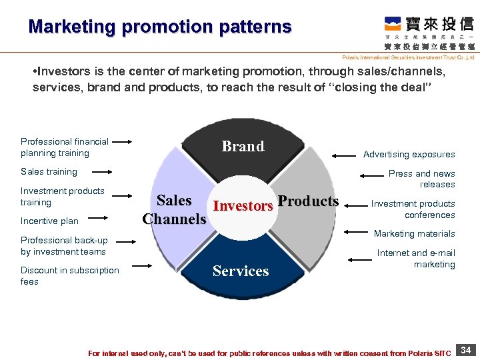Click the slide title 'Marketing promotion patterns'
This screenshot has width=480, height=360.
tap(160, 27)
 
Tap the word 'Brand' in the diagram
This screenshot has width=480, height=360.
tap(243, 147)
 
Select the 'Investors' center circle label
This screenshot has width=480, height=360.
tap(243, 206)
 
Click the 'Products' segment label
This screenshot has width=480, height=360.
tap(308, 201)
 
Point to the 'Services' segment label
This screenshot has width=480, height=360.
tap(241, 271)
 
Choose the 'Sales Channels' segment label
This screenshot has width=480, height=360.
tap(174, 209)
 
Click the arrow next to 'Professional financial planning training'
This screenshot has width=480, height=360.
tap(122, 141)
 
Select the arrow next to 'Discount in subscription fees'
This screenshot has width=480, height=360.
tap(144, 266)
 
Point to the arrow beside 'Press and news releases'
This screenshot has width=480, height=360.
tap(372, 176)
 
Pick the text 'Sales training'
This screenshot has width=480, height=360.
tap(49, 171)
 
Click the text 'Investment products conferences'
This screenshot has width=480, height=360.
tap(413, 209)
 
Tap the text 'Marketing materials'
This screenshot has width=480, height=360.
tap(414, 233)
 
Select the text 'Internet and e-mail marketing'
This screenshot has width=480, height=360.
tap(416, 259)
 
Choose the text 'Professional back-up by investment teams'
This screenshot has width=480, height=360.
tap(63, 246)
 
